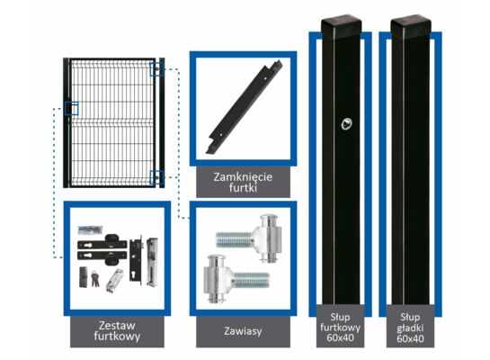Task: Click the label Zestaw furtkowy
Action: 117,330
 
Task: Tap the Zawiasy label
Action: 243,331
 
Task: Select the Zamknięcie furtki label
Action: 243,182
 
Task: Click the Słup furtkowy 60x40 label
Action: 340,328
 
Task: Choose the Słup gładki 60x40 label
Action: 410,328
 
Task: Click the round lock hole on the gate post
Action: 346,124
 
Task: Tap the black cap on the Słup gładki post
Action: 411,27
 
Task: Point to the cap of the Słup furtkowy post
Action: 342,27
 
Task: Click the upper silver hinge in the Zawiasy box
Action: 249,238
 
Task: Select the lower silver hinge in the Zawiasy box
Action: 236,279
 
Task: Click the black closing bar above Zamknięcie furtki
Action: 245,107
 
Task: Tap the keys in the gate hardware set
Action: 95,278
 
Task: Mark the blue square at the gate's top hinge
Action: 156,68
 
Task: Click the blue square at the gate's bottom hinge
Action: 156,177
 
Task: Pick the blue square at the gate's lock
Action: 72,108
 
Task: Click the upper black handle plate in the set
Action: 102,242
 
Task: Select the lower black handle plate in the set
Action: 102,257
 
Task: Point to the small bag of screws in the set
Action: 91,229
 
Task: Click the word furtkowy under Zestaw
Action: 117,337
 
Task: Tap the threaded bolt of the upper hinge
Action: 235,239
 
